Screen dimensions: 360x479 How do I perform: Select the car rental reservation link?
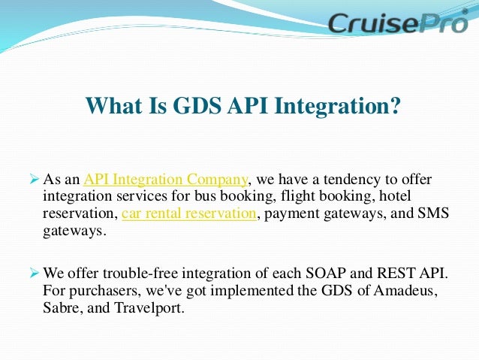tap(188, 213)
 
